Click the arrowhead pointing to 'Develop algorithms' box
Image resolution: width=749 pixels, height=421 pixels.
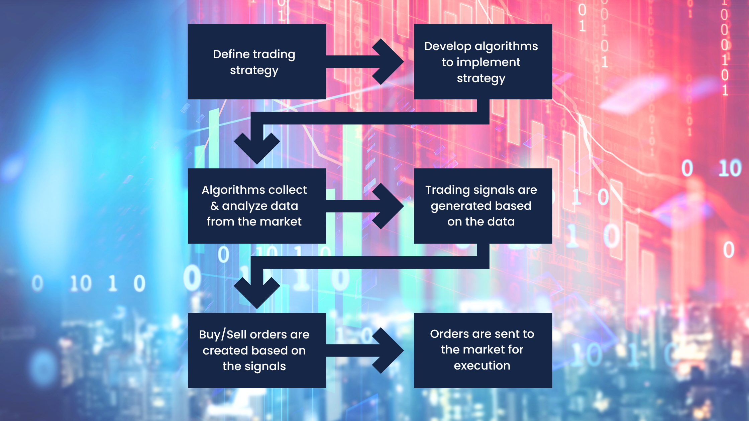[390, 61]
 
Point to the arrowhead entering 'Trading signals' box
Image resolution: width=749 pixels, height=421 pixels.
[390, 206]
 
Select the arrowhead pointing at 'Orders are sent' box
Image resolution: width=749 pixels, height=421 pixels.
[390, 350]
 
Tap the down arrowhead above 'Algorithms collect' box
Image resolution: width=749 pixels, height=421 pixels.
[257, 149]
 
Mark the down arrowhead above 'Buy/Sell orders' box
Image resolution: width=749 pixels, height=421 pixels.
[257, 293]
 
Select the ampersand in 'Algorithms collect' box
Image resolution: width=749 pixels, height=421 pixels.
[215, 206]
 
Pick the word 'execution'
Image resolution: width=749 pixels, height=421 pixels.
[482, 366]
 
